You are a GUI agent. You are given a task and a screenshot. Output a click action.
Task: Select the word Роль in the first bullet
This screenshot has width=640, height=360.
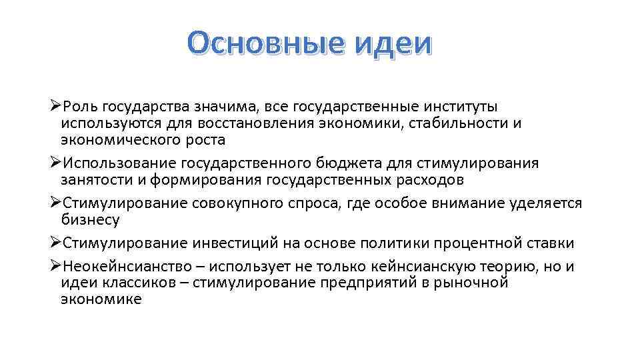[x=81, y=107]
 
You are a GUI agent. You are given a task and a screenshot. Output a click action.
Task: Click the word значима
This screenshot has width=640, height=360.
[x=224, y=107]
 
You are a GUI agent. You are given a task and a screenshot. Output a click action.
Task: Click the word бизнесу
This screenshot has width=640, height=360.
[x=90, y=220]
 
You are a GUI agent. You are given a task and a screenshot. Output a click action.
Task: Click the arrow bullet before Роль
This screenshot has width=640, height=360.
[x=56, y=107]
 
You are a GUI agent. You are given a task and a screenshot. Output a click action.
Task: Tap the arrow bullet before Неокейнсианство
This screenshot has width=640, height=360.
[x=56, y=267]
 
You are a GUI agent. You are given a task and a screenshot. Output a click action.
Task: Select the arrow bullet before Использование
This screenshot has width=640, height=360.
[x=56, y=163]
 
